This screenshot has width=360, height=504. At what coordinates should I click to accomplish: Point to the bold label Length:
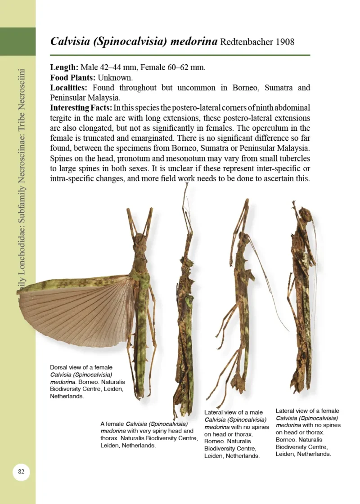tap(64, 67)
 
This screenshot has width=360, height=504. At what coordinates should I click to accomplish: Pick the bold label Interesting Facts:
tap(81, 108)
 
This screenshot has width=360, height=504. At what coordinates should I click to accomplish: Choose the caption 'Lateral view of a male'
tap(236, 434)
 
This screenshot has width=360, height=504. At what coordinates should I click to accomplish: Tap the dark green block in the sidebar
tap(18, 41)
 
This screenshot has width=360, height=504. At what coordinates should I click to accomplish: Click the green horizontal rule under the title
tap(180, 55)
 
